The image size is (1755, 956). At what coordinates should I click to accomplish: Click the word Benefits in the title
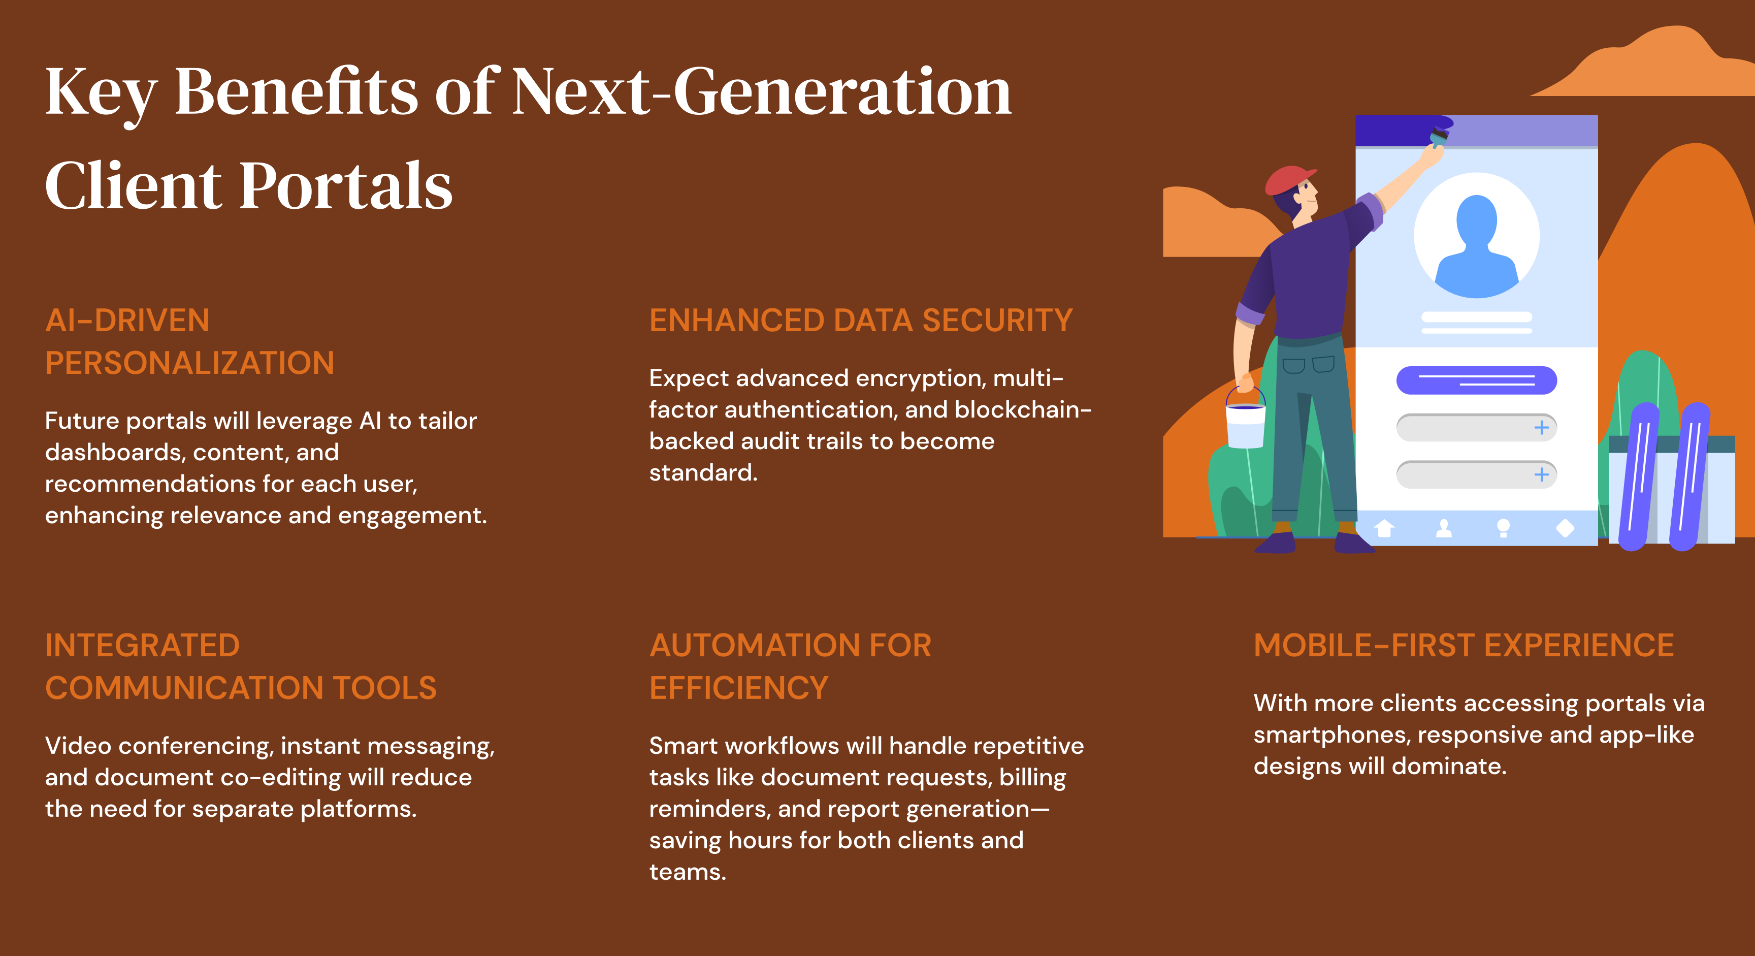coord(297,92)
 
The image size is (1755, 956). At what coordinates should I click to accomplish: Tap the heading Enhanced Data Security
coord(860,320)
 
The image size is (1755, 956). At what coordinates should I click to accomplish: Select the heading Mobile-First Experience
coord(1464,645)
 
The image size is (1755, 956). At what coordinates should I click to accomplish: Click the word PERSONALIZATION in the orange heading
coord(189,363)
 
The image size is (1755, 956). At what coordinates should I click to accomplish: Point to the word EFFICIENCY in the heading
coord(738,687)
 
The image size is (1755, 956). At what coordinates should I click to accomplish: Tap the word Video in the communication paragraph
coord(78,746)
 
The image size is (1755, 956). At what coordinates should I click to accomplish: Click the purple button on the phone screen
coord(1476,380)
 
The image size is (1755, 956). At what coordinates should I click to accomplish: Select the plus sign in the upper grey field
coord(1541,428)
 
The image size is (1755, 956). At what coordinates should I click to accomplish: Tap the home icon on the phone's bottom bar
coord(1384,528)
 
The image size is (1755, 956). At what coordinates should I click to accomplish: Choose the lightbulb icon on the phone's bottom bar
coord(1503,528)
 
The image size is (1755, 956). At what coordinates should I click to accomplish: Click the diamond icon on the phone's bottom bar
coord(1565,528)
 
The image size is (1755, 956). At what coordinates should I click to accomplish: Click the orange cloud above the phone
coord(1649,65)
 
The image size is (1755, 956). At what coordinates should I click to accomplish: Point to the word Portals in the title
coord(346,186)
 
